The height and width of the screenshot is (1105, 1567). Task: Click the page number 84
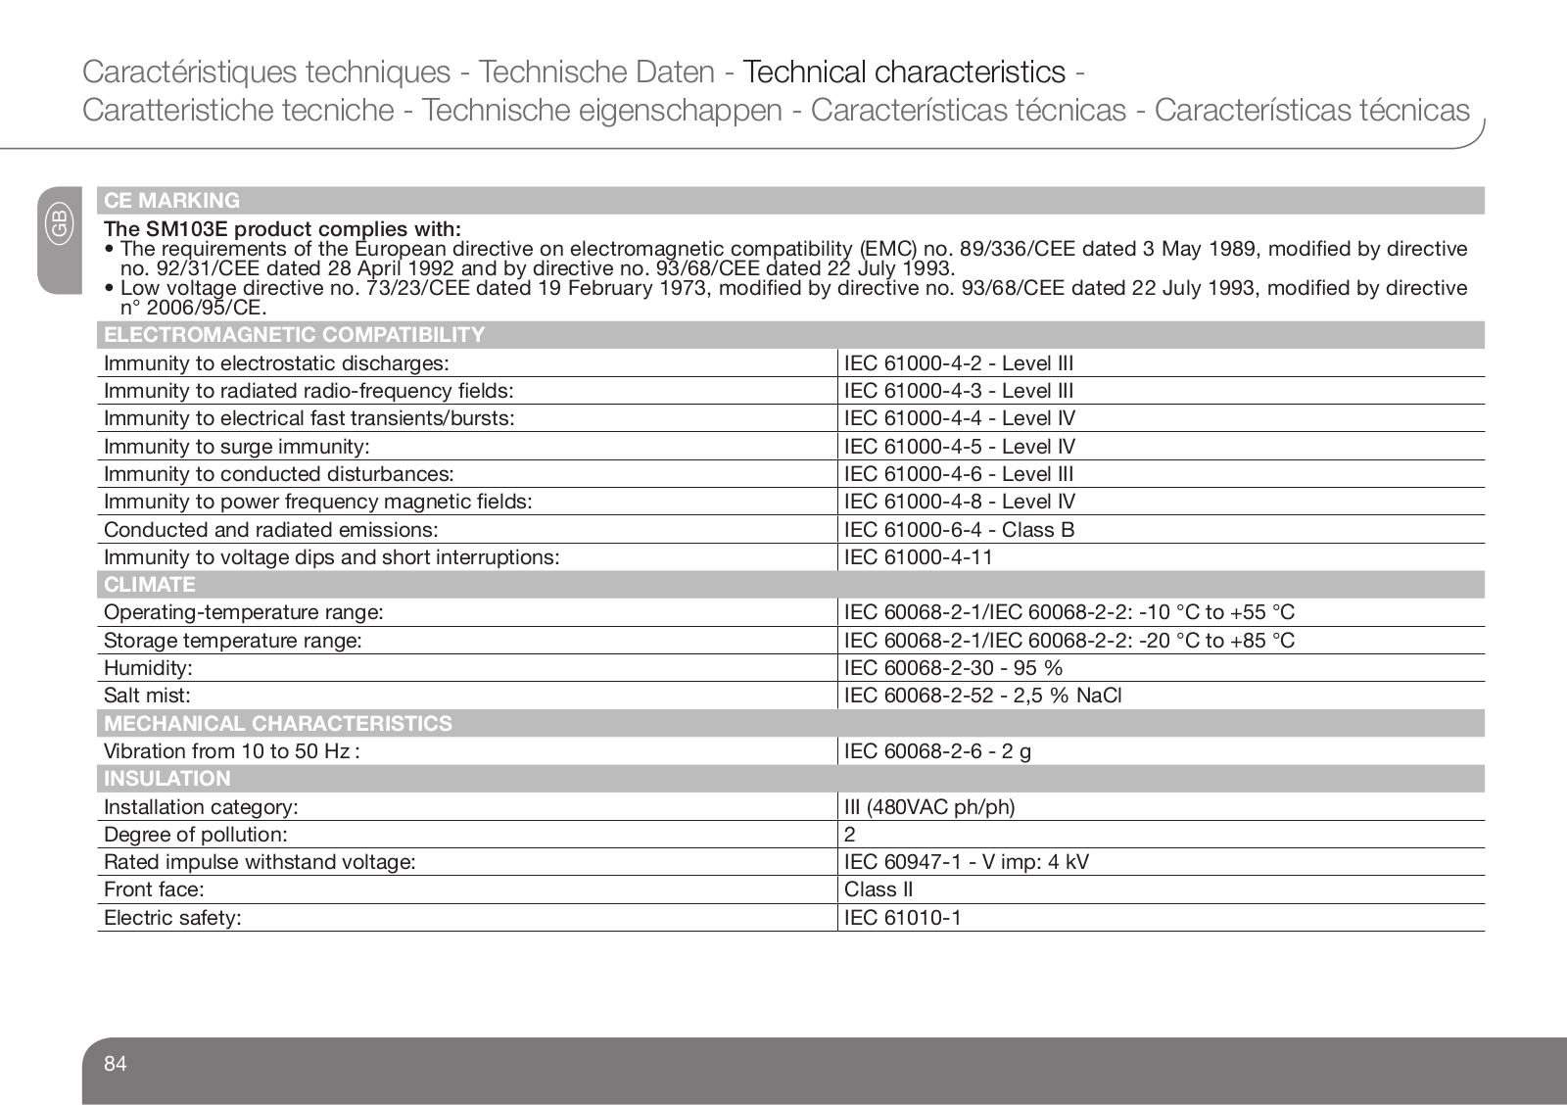pos(116,1064)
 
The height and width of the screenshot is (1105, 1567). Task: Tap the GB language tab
pos(59,224)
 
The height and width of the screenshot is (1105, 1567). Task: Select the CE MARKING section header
pos(172,201)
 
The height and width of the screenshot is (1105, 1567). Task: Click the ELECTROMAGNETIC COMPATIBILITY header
pos(295,335)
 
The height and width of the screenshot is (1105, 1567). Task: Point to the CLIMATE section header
pos(150,585)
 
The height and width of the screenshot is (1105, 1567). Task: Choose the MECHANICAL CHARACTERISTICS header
pos(278,724)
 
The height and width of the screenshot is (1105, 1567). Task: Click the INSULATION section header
pos(167,779)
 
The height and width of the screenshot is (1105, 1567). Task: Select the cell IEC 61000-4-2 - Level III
pos(959,363)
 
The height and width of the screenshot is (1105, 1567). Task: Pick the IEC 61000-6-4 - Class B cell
pos(959,530)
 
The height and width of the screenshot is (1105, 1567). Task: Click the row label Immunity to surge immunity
pos(237,447)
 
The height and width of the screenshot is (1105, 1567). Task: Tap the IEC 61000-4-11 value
pos(919,557)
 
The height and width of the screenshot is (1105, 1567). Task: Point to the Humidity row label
pos(148,668)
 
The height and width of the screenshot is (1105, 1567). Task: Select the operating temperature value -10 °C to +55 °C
pos(1216,612)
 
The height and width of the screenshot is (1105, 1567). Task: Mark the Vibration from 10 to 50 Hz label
pos(231,751)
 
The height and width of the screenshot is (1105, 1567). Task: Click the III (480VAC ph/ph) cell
pos(929,807)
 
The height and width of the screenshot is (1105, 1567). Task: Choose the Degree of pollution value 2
pos(850,835)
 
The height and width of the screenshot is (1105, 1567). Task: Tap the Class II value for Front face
pos(878,889)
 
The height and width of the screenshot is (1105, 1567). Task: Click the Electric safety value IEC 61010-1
pos(903,918)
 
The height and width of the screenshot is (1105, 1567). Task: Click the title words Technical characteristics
pos(904,72)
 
